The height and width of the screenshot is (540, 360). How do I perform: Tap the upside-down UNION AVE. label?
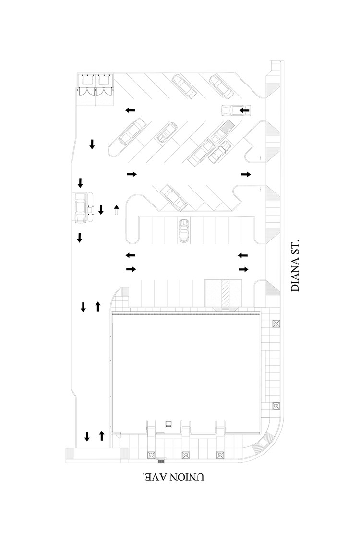[x=174, y=478]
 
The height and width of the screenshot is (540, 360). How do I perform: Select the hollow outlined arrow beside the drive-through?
[x=116, y=209]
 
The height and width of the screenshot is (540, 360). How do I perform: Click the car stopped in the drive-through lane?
[x=80, y=207]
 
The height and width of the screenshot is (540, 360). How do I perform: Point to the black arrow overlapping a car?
[x=244, y=111]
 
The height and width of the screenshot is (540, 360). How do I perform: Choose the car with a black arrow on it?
[x=231, y=110]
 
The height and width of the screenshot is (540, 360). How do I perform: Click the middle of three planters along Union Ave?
[x=185, y=455]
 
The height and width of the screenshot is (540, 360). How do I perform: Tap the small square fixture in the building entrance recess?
[x=168, y=423]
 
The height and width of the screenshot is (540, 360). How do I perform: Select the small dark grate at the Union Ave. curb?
[x=161, y=461]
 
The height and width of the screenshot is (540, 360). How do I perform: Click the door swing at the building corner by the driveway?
[x=117, y=435]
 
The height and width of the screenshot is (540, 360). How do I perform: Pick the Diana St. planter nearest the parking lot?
[x=276, y=324]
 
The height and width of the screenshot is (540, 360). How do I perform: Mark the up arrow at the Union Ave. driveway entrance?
[x=101, y=436]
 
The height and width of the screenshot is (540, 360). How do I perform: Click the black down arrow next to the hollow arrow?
[x=101, y=209]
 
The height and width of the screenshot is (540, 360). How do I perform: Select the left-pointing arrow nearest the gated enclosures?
[x=130, y=111]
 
